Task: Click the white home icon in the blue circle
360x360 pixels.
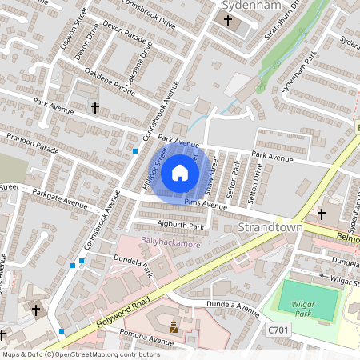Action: (180, 172)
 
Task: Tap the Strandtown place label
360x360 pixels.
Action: (272, 228)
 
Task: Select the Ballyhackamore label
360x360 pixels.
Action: (170, 242)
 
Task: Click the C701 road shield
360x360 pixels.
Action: (277, 330)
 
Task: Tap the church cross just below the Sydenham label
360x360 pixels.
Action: (227, 21)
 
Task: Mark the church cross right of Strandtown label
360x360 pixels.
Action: (322, 214)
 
